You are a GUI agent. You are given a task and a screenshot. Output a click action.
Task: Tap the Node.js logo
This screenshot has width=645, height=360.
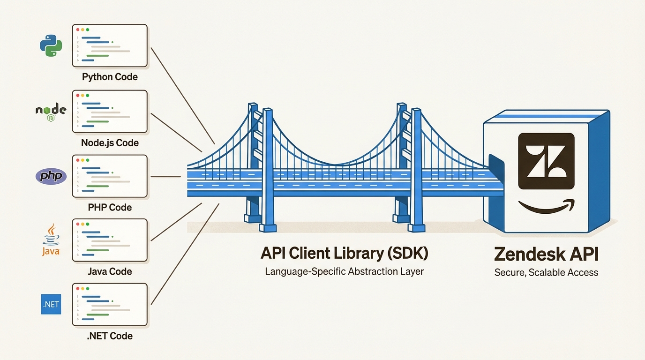pyautogui.click(x=51, y=112)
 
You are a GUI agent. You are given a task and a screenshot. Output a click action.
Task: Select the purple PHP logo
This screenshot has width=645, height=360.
pyautogui.click(x=51, y=176)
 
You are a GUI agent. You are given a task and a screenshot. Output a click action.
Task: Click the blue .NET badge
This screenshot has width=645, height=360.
pyautogui.click(x=51, y=304)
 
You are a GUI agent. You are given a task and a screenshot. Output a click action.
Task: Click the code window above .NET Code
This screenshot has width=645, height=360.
pyautogui.click(x=110, y=304)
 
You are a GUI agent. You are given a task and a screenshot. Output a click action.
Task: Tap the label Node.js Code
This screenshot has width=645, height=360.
pyautogui.click(x=110, y=142)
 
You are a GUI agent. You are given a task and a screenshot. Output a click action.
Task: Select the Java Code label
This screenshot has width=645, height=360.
pyautogui.click(x=110, y=271)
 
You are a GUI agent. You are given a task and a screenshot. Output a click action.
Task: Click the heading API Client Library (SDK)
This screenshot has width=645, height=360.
pyautogui.click(x=344, y=253)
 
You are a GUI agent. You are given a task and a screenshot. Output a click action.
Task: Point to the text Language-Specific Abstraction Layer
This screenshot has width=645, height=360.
pyautogui.click(x=344, y=271)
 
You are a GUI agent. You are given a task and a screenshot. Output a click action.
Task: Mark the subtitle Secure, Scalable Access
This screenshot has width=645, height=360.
pyautogui.click(x=546, y=272)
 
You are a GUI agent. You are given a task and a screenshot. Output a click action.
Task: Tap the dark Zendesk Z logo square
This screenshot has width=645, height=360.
pyautogui.click(x=546, y=161)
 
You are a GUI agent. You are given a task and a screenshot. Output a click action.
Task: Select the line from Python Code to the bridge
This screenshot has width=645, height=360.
pyautogui.click(x=183, y=96)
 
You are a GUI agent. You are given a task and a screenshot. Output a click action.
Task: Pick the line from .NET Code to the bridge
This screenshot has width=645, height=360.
pyautogui.click(x=185, y=254)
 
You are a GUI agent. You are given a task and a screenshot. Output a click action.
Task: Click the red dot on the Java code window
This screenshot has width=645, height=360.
pyautogui.click(x=77, y=224)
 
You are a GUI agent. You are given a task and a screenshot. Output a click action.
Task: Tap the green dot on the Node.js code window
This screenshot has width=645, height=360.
pyautogui.click(x=87, y=95)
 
